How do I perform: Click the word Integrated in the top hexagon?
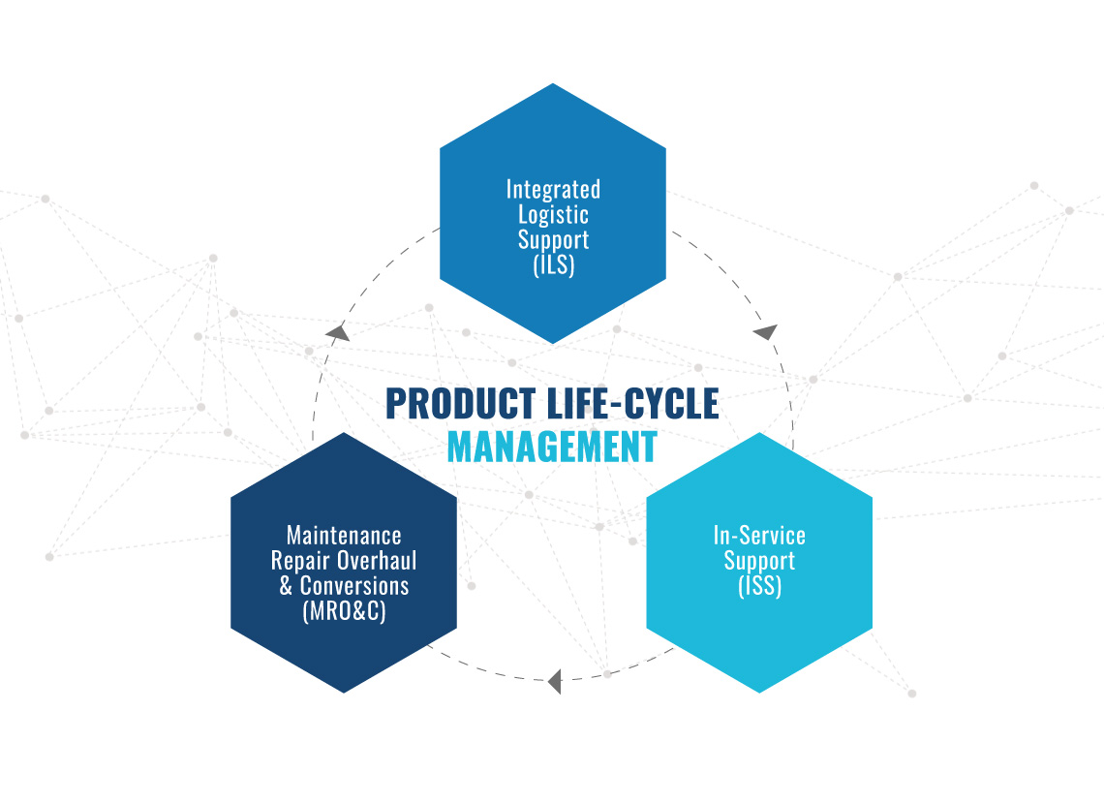tap(553, 190)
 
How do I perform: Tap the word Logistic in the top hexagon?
tap(553, 215)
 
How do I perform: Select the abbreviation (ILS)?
tap(554, 264)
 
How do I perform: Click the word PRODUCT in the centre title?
tap(460, 404)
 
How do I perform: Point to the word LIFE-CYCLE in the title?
tap(633, 404)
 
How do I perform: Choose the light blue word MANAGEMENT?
tap(553, 448)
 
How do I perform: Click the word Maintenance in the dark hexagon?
tap(345, 536)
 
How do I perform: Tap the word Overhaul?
tap(377, 561)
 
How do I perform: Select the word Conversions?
tap(354, 586)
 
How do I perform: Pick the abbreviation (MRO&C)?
tap(345, 611)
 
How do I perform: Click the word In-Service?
tap(759, 536)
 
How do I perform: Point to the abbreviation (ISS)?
tap(759, 586)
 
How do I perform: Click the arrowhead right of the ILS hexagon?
tap(765, 331)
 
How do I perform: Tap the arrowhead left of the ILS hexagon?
tap(339, 332)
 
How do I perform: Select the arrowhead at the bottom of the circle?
tap(555, 682)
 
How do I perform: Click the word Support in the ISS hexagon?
tap(759, 561)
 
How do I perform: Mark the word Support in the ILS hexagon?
tap(553, 240)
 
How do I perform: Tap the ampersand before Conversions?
tap(286, 586)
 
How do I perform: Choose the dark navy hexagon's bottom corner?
tap(345, 693)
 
